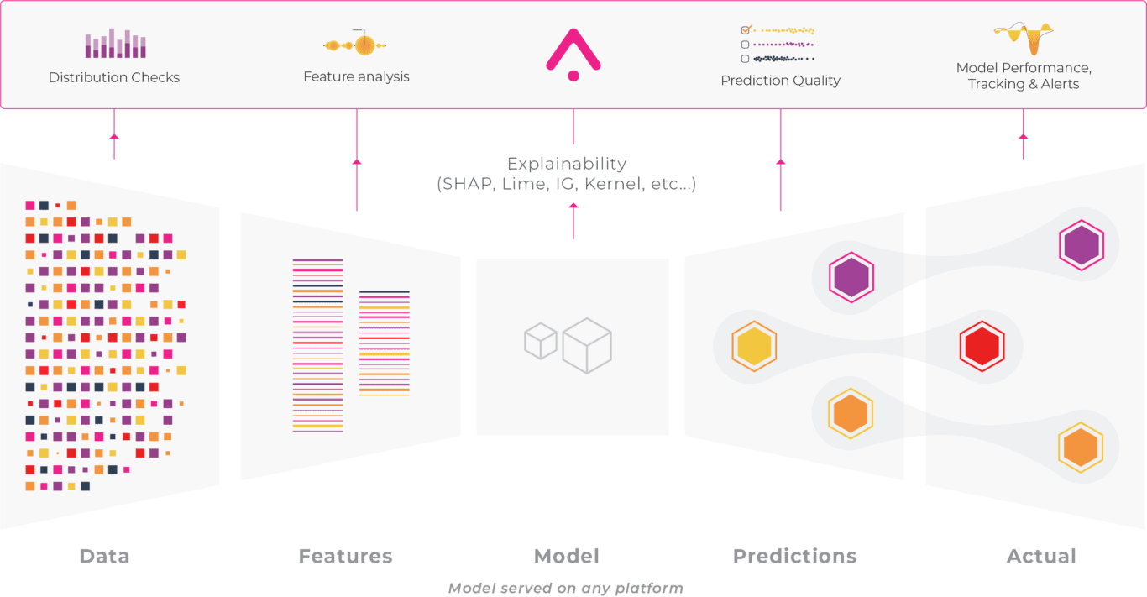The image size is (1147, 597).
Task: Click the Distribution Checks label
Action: pos(114,77)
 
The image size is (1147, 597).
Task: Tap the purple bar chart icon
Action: pos(116,45)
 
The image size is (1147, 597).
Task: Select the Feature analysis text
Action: pos(356,76)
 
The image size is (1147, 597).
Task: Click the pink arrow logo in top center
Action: pos(573,53)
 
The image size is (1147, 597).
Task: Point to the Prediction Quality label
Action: pos(780,81)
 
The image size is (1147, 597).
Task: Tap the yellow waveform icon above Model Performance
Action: pos(1023,39)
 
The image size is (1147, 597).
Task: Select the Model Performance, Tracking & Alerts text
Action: pos(1023,76)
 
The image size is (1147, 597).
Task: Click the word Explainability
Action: pos(567,164)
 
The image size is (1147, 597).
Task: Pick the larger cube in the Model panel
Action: pos(587,345)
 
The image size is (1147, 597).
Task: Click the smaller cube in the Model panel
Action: pos(541,342)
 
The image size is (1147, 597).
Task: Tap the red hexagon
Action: pos(982,345)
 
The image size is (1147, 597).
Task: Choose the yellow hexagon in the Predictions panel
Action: pos(753,346)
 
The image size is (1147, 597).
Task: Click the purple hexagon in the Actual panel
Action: pos(1081,245)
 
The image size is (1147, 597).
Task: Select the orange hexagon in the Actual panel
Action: pos(1080,448)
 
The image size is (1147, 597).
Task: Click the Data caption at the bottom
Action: pos(104,556)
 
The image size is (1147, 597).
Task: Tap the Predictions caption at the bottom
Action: pos(794,556)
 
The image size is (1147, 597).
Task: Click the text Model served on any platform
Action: pos(565,588)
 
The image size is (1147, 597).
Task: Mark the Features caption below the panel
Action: pos(345,556)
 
